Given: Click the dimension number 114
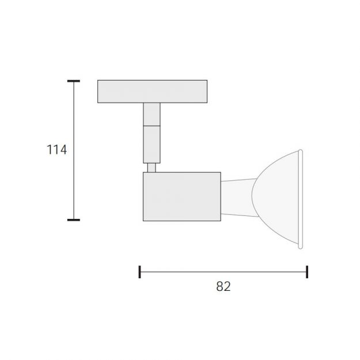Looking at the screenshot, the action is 56,149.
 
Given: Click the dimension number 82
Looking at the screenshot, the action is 223,286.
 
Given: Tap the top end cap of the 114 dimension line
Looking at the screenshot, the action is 74,81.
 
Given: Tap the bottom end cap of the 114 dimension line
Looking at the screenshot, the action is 74,220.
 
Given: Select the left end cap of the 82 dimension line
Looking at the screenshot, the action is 139,272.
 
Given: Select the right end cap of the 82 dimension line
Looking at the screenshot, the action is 307,272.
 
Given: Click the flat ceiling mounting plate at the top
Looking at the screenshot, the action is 152,92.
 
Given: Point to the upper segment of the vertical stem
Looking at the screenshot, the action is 151,115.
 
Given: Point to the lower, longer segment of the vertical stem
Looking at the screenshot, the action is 151,145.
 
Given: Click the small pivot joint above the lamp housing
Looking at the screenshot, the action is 151,168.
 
